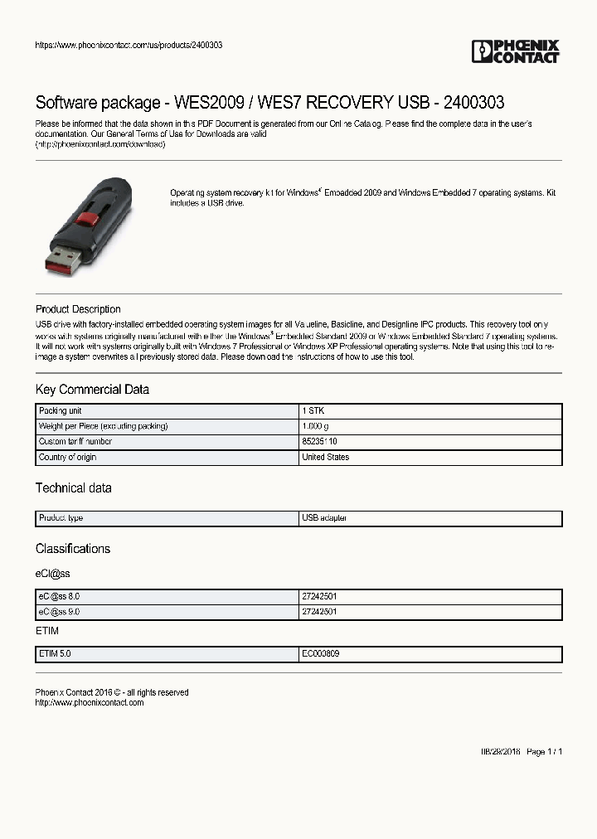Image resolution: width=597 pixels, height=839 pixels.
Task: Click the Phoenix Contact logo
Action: (515, 51)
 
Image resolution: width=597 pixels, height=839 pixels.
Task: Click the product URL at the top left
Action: (129, 45)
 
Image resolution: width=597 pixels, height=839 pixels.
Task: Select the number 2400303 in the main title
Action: (473, 103)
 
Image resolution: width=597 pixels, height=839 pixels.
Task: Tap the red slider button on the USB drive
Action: (86, 220)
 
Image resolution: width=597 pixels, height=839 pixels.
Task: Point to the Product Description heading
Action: (78, 309)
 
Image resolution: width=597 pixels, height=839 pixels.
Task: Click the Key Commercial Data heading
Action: (92, 390)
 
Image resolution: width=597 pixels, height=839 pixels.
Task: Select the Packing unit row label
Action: (60, 411)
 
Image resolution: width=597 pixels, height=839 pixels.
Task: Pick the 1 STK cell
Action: (313, 411)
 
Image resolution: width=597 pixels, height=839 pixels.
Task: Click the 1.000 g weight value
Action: (316, 426)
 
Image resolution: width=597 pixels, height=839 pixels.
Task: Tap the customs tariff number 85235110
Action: (319, 442)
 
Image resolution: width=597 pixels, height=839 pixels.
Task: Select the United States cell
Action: (325, 457)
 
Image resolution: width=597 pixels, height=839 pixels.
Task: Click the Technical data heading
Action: (73, 488)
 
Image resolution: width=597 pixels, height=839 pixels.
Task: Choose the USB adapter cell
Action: (324, 518)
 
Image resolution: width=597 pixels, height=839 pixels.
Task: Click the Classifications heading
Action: (73, 549)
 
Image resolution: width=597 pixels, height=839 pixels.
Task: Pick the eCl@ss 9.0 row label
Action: (59, 612)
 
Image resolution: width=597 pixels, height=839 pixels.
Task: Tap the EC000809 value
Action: (320, 654)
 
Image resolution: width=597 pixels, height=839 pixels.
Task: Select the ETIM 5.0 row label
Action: (55, 654)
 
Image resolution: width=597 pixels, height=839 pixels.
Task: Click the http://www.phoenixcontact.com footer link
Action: (90, 703)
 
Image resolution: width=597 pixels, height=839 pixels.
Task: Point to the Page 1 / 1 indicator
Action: (545, 752)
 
